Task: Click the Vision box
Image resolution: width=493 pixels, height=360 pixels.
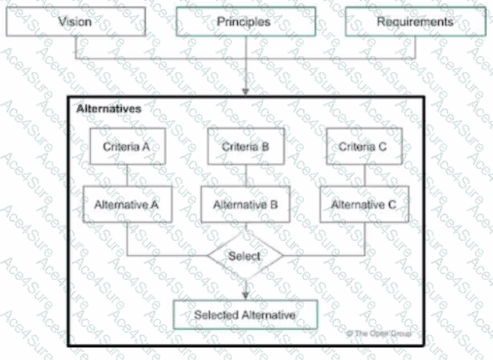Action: pyautogui.click(x=75, y=22)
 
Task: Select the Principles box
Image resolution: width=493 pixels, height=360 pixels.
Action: pyautogui.click(x=243, y=22)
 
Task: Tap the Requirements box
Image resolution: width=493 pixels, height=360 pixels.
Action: pyautogui.click(x=415, y=22)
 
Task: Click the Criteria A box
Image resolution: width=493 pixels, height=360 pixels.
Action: pyautogui.click(x=127, y=147)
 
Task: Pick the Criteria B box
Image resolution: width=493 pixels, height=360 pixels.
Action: pyautogui.click(x=246, y=147)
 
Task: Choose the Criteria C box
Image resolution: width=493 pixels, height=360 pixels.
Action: pyautogui.click(x=364, y=147)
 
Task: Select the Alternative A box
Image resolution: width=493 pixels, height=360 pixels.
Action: pyautogui.click(x=127, y=205)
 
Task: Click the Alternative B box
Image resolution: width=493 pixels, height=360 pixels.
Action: pyautogui.click(x=245, y=205)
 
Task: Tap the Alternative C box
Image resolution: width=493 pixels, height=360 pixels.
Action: pyautogui.click(x=364, y=205)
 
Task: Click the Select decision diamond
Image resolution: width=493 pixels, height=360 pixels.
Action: pyautogui.click(x=245, y=257)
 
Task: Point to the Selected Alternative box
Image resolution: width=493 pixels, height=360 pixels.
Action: pyautogui.click(x=245, y=315)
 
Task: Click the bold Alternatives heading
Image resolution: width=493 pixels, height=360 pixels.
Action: pyautogui.click(x=109, y=108)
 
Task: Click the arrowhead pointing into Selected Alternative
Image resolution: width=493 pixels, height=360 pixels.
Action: pyautogui.click(x=245, y=295)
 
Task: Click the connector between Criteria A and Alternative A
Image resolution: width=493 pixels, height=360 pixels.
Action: pyautogui.click(x=127, y=176)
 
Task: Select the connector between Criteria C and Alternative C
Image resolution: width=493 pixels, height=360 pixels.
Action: pyautogui.click(x=364, y=176)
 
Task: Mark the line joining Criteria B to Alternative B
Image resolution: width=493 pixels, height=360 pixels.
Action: pyautogui.click(x=245, y=176)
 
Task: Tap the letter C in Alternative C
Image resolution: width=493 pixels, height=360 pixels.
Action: pyautogui.click(x=391, y=205)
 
